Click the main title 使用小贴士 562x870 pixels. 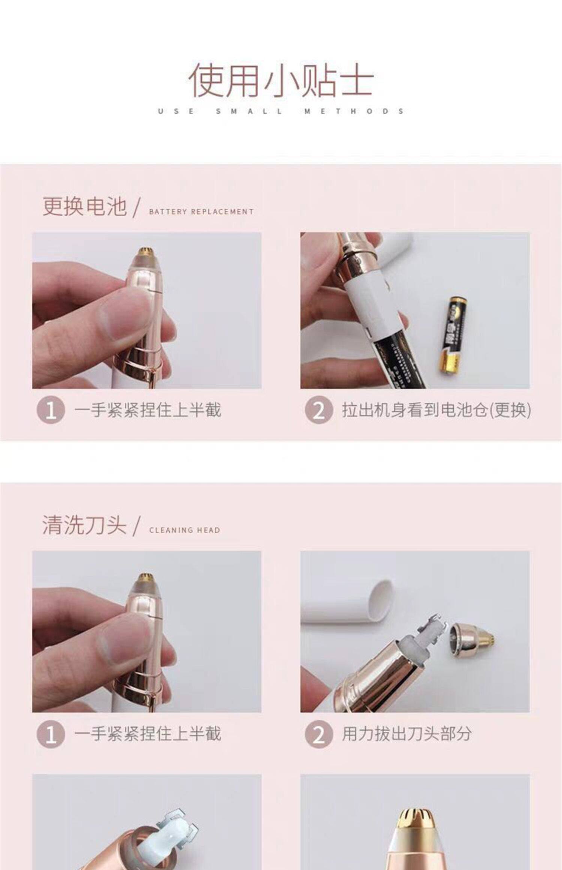click(281, 80)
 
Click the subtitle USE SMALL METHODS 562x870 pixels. click(281, 111)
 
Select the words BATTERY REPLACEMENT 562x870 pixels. click(201, 212)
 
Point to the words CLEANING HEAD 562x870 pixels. click(184, 530)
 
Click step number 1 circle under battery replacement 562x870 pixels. click(51, 410)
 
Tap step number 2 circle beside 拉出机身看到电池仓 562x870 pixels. click(318, 410)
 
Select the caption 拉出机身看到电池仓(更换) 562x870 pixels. click(436, 410)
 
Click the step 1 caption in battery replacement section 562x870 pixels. click(148, 410)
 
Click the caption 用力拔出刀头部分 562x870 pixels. click(407, 734)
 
